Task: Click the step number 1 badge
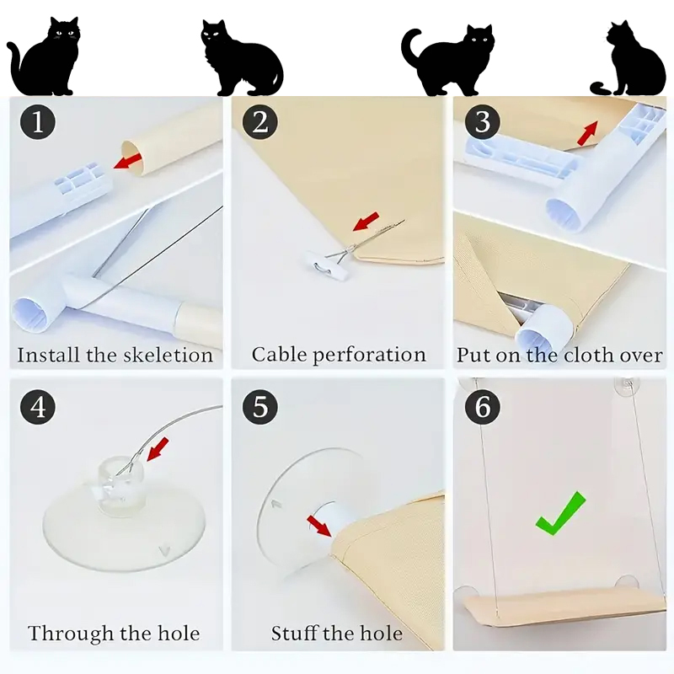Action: point(38,121)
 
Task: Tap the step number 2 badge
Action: point(260,121)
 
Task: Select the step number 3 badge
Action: point(482,121)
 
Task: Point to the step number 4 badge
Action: point(38,407)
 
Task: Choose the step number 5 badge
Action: point(260,407)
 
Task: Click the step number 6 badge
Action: point(482,407)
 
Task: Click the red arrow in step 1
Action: point(128,161)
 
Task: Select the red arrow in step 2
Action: point(366,221)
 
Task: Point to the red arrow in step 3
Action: point(587,133)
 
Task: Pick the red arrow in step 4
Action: point(158,450)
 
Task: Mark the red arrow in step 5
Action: point(320,526)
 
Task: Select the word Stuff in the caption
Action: point(294,634)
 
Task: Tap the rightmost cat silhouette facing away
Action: point(628,58)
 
